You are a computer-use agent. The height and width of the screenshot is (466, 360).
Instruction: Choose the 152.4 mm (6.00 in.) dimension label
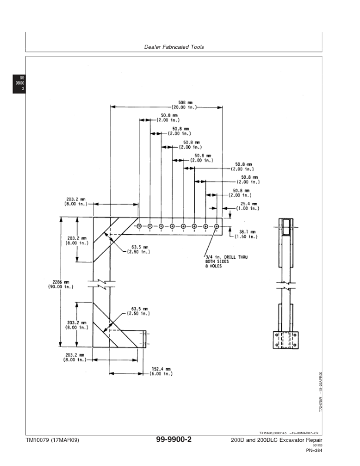coord(159,372)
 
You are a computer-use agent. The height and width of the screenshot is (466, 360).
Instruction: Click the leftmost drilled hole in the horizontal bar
coord(139,226)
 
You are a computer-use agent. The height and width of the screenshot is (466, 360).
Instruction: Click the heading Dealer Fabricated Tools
coord(174,47)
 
